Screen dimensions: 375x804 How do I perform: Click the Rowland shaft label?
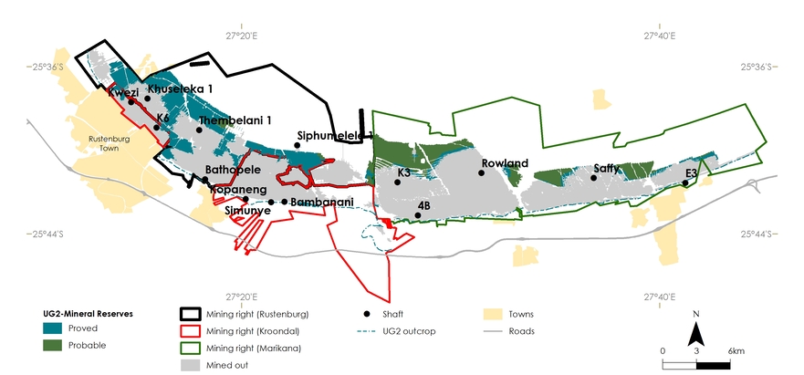point(505,163)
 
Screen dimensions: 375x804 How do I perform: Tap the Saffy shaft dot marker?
point(594,179)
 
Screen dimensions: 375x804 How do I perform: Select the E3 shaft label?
point(691,172)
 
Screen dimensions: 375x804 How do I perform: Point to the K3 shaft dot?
point(397,182)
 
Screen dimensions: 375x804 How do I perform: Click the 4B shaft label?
point(423,206)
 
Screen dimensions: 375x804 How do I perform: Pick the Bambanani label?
point(316,202)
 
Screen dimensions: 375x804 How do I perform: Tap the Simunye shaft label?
point(247,210)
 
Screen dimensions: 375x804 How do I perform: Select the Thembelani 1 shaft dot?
point(199,130)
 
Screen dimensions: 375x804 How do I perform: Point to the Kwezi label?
point(123,92)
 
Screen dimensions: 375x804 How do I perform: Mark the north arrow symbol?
point(695,330)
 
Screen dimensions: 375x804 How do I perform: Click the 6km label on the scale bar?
point(736,350)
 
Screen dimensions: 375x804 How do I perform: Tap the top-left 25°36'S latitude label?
point(46,67)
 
